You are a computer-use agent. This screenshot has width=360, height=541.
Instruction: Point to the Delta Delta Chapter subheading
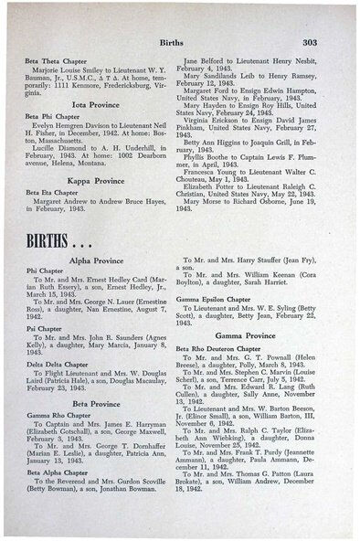point(54,363)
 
